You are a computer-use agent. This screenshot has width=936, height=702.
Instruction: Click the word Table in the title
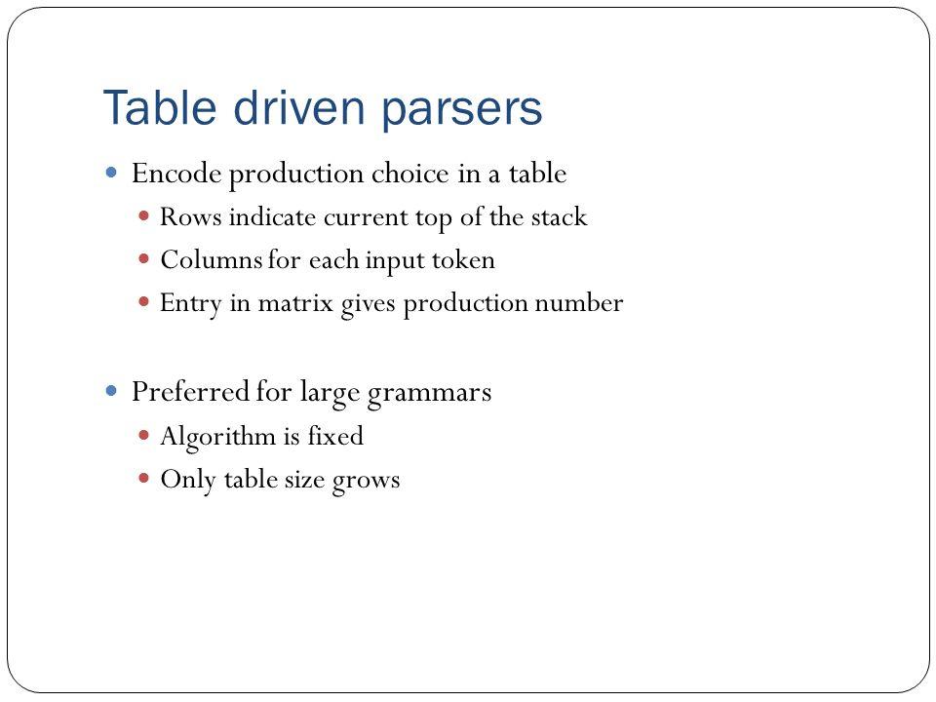pos(159,107)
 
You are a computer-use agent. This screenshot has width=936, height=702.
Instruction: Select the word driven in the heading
pos(298,107)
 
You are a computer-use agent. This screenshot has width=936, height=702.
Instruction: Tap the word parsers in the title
pos(461,111)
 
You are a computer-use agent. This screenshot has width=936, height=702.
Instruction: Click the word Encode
pos(176,174)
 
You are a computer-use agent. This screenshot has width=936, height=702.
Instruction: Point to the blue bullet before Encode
pos(111,174)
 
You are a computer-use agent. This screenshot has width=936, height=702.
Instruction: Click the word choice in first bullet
pos(409,174)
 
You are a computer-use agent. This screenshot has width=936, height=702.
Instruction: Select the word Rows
pos(190,216)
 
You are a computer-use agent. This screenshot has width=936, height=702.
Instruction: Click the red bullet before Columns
pos(143,259)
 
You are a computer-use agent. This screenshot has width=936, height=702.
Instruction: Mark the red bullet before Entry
pos(143,302)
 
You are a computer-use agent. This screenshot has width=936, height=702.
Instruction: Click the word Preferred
pos(190,392)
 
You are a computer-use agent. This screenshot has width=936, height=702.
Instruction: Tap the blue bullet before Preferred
pos(111,391)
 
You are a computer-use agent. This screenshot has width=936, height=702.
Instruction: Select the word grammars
pos(429,394)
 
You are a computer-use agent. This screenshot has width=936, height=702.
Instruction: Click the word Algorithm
pos(217,437)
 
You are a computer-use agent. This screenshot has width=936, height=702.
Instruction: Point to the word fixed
pos(335,435)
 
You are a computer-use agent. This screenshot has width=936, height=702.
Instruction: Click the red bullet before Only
pos(143,478)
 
